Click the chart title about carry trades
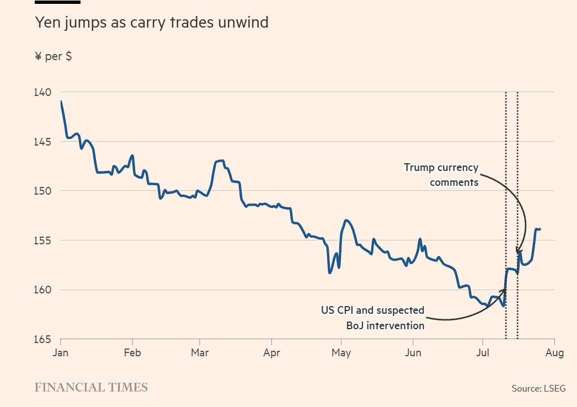tap(152, 23)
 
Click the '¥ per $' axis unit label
tap(53, 56)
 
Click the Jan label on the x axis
tap(60, 353)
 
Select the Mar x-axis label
tap(200, 353)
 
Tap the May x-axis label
tap(342, 353)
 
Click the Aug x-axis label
tap(554, 353)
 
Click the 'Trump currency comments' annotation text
tap(441, 174)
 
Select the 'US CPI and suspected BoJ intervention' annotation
tap(373, 318)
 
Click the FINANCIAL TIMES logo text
tap(91, 387)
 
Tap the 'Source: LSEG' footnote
tap(538, 388)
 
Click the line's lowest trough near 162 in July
tap(503, 306)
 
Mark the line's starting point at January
tap(61, 101)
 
